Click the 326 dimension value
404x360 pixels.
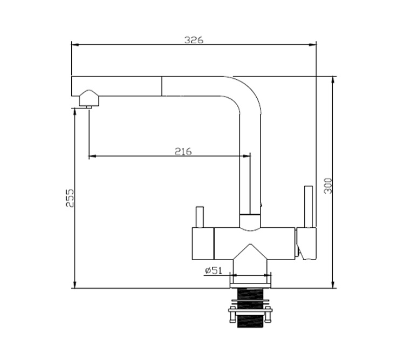click(x=194, y=40)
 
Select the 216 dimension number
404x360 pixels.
click(x=183, y=151)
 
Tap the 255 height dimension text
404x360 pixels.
click(x=70, y=198)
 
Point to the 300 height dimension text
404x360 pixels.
click(x=328, y=186)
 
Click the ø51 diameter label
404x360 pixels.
click(x=214, y=270)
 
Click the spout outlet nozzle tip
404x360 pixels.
click(x=89, y=107)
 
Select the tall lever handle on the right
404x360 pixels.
click(x=309, y=207)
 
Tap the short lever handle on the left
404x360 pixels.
click(x=200, y=217)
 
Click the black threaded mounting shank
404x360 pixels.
click(x=250, y=308)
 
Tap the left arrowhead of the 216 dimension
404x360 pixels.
click(x=92, y=156)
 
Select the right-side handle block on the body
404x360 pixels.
click(x=306, y=243)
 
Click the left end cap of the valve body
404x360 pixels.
click(x=203, y=244)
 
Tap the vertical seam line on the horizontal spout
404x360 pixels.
click(x=162, y=86)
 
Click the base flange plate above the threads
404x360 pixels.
click(x=250, y=286)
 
